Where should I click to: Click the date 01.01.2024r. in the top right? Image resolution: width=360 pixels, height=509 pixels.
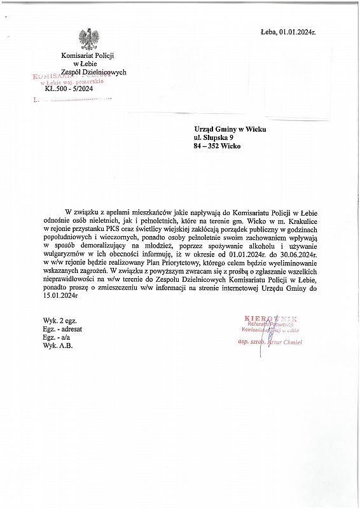coord(297,31)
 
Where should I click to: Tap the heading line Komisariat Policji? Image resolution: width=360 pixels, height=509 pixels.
coord(86,56)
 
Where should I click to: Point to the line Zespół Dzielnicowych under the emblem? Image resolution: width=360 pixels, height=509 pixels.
coord(93,72)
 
